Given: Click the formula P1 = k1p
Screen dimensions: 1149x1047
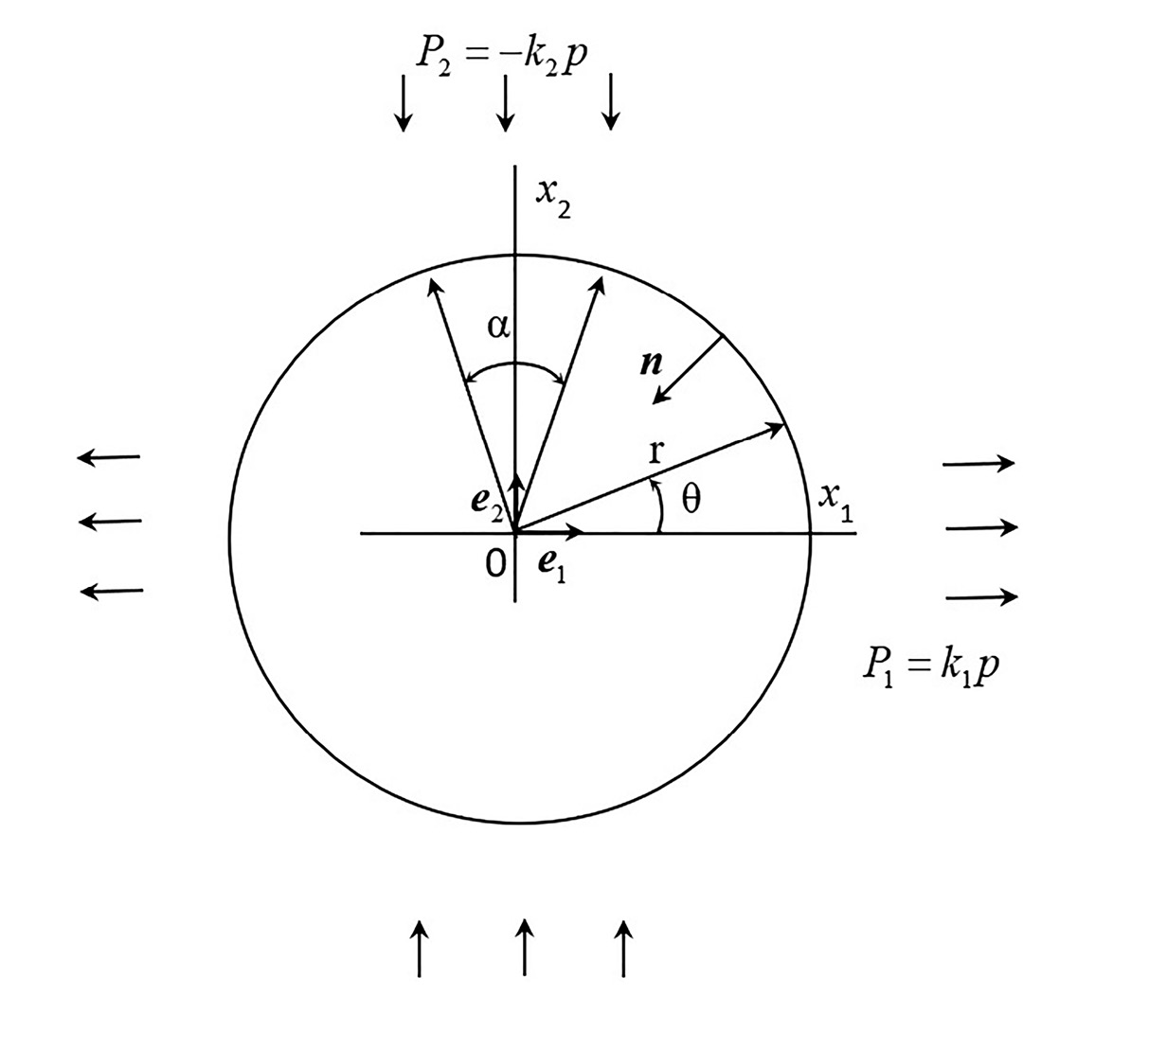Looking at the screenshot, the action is (x=931, y=667).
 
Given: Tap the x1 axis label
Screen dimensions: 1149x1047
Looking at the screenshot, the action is (x=836, y=502).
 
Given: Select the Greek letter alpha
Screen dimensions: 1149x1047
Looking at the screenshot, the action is (x=497, y=327).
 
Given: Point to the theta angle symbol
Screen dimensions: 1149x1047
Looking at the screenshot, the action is (x=691, y=499).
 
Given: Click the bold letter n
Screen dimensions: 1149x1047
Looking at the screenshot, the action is (x=652, y=363).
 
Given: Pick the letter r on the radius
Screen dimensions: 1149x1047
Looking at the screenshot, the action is (x=656, y=452).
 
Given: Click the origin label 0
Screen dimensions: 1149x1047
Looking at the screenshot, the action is (x=495, y=563).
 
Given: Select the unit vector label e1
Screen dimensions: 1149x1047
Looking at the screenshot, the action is (x=552, y=568).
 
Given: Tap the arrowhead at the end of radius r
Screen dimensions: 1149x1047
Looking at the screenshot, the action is (x=776, y=429).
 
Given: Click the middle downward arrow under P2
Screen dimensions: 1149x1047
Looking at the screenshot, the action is (x=505, y=103).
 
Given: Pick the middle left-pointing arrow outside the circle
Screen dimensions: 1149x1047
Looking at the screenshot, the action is (x=110, y=522).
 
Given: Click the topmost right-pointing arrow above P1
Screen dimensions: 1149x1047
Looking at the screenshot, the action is (x=978, y=463).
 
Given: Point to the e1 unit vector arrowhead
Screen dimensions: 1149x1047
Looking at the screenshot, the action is (x=574, y=532).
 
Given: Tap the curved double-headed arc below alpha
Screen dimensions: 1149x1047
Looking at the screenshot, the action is (x=515, y=364).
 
